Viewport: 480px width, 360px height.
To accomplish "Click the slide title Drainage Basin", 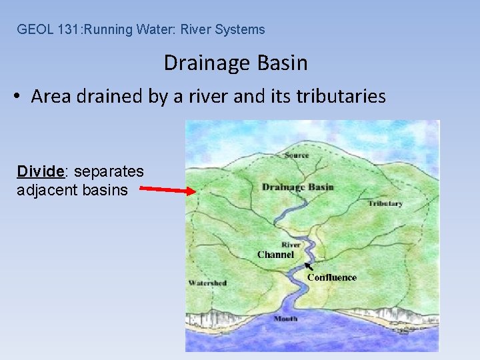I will (x=235, y=63).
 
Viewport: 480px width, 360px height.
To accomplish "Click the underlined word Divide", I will (x=40, y=171).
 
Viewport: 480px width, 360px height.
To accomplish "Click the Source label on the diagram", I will (x=297, y=155).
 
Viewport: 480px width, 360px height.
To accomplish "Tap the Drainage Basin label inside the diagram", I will (x=297, y=187).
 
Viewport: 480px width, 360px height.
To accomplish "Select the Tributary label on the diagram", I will (x=385, y=203).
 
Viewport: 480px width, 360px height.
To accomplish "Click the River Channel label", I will (x=276, y=250).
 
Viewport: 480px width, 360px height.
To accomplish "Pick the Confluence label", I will (x=332, y=277).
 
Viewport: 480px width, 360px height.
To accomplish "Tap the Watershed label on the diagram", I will (x=207, y=283).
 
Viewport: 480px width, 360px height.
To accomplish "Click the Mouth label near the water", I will (x=285, y=319).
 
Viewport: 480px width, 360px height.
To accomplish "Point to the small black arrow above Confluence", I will (x=308, y=267).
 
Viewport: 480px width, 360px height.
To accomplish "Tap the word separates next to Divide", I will (x=109, y=171).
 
